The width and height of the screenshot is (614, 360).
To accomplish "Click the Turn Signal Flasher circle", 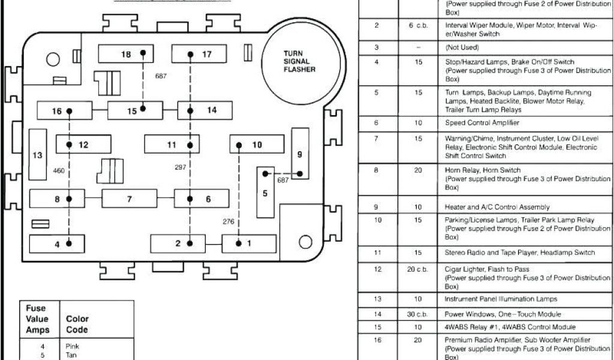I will click(305, 61).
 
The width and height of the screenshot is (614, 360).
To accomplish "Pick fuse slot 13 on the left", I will click(38, 155).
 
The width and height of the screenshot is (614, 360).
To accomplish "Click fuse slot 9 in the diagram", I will click(299, 154).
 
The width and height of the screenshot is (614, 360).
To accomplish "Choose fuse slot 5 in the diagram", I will click(265, 193).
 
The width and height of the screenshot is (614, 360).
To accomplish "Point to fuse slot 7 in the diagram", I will click(129, 199).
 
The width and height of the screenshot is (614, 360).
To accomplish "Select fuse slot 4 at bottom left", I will click(58, 244).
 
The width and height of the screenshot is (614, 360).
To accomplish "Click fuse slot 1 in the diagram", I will click(249, 244).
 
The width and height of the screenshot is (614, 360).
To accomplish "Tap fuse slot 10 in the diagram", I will click(257, 145).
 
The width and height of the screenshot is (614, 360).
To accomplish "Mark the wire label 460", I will click(58, 171).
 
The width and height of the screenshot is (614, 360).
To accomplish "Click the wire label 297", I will click(180, 167).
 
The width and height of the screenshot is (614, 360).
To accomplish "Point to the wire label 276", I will click(228, 221).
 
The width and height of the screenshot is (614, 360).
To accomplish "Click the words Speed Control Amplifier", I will click(482, 123).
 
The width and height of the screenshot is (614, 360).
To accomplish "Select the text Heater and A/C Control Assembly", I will click(497, 207).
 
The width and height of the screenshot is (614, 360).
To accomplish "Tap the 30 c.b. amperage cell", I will click(418, 314).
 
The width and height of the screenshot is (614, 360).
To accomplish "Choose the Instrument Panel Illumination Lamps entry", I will click(501, 299).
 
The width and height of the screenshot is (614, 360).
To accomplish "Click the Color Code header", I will click(77, 324).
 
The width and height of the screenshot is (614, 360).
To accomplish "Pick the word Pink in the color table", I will click(71, 346).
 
